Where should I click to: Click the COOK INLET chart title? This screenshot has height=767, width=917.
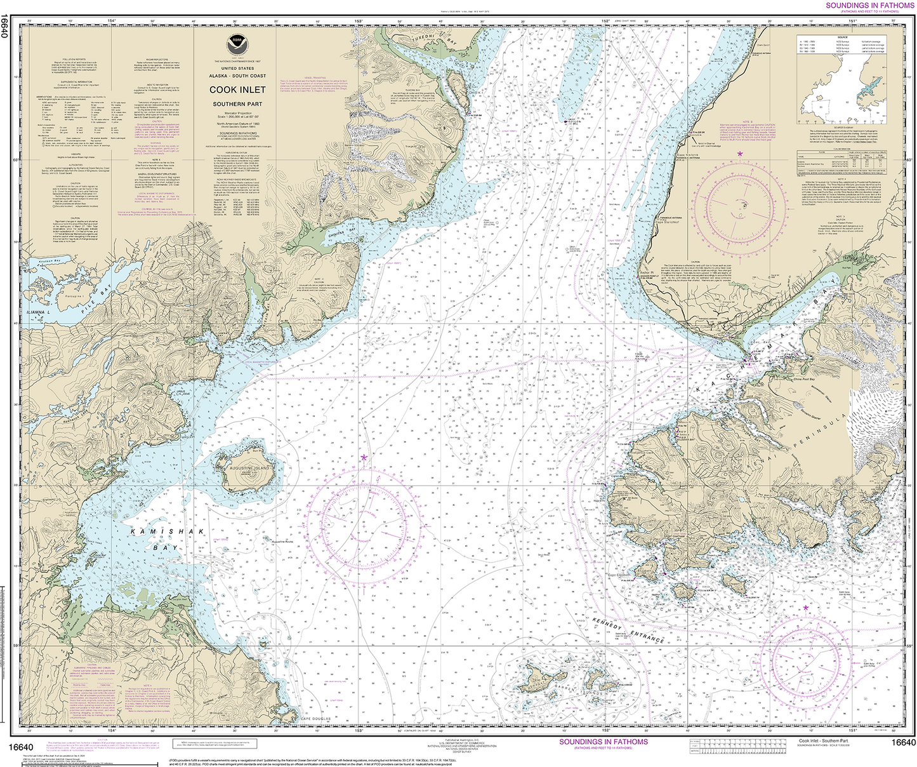237,90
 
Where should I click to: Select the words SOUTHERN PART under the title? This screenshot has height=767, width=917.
237,103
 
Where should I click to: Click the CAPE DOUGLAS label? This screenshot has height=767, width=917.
317,719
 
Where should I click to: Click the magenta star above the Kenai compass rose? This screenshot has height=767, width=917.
739,154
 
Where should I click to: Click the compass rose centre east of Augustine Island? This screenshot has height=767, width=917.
363,522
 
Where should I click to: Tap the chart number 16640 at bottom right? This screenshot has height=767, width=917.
903,742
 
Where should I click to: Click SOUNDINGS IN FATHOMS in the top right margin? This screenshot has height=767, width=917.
869,5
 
